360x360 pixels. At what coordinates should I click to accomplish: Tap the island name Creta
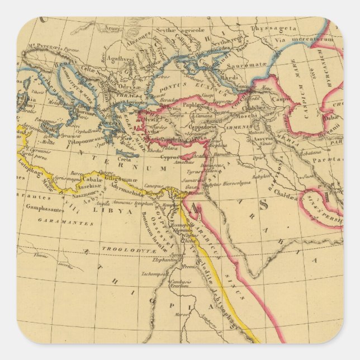[125, 159]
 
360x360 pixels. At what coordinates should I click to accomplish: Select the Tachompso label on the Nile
[159, 273]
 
